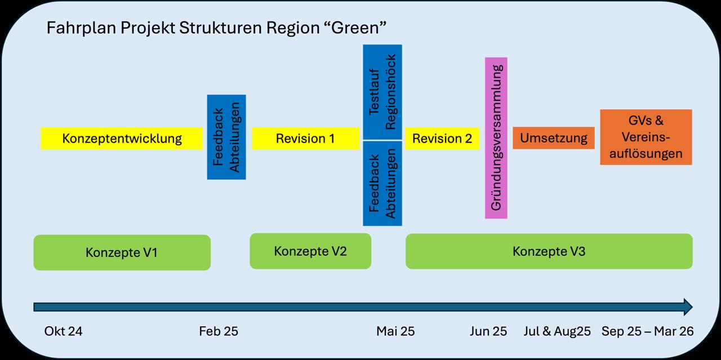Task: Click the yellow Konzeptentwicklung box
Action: coord(122,139)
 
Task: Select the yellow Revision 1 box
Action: coord(305,139)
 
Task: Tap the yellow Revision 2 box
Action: coord(442,139)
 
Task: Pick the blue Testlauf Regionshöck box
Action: coord(382,92)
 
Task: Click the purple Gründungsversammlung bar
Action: coord(496,138)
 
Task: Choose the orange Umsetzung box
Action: coord(553,138)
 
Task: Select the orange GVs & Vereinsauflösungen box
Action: coord(646,137)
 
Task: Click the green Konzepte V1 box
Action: coord(122,252)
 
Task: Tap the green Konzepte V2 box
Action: coord(310,251)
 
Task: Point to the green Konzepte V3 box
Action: coord(549,251)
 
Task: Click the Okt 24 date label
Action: coord(64,331)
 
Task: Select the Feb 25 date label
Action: coord(219,331)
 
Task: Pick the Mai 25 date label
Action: coord(395,331)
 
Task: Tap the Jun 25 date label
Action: coord(488,331)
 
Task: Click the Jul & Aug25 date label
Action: coord(557,331)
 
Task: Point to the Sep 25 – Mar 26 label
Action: coord(647,331)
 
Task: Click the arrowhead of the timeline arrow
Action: coord(687,307)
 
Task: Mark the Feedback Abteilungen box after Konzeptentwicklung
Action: coord(226,137)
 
